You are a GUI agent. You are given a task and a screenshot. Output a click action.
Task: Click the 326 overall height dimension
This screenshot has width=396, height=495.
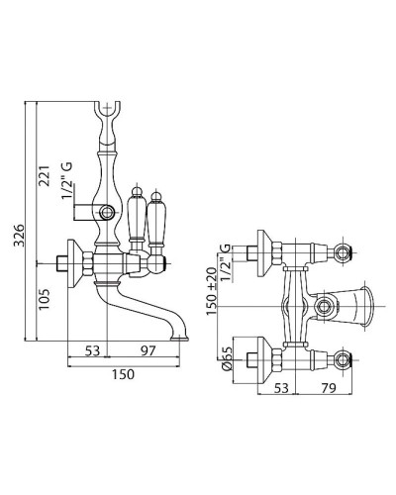coord(19,236)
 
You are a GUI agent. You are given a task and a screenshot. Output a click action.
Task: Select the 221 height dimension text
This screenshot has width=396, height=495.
coord(44,176)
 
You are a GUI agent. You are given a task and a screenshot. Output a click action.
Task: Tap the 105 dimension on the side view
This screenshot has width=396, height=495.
coord(44,299)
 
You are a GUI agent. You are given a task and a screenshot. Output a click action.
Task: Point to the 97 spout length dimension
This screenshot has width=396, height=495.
coord(148,350)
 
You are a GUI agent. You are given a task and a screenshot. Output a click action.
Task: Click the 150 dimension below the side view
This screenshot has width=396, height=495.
coord(123,374)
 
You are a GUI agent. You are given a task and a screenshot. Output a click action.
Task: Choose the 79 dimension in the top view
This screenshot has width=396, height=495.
coord(328,388)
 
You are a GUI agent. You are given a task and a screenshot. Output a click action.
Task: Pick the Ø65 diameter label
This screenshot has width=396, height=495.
coord(227,359)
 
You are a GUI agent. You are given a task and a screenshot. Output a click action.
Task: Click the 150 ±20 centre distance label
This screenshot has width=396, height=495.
coord(212,291)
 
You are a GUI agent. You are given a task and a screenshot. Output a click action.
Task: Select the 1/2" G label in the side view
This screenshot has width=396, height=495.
coord(67,181)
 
